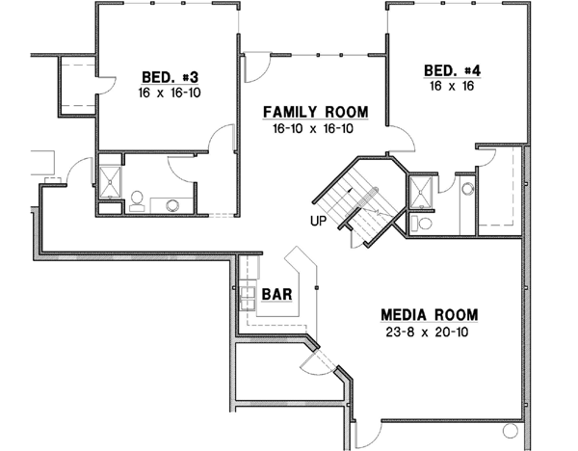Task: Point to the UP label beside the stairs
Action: click(317, 221)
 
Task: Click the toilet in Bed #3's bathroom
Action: click(137, 200)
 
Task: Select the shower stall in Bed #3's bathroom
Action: click(109, 182)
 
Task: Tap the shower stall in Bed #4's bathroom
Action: click(421, 192)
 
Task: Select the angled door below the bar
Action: click(314, 361)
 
